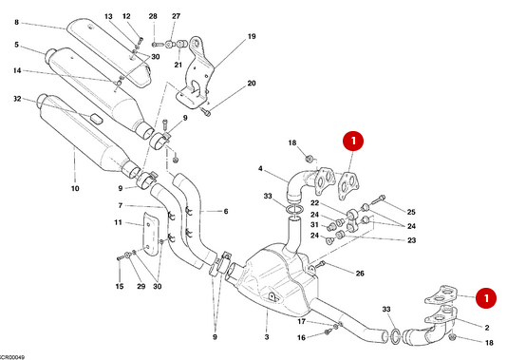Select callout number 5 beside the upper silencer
(16, 45)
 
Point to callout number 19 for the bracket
(252, 36)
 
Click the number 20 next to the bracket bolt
(252, 84)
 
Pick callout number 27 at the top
(175, 17)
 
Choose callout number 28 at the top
(153, 17)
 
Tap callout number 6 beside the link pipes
(225, 212)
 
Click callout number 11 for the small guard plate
(118, 223)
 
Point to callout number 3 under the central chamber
(268, 338)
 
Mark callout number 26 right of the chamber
(360, 274)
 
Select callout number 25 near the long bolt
(411, 211)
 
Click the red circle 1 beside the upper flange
(352, 141)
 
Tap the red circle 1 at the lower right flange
(485, 297)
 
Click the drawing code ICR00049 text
(13, 355)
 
